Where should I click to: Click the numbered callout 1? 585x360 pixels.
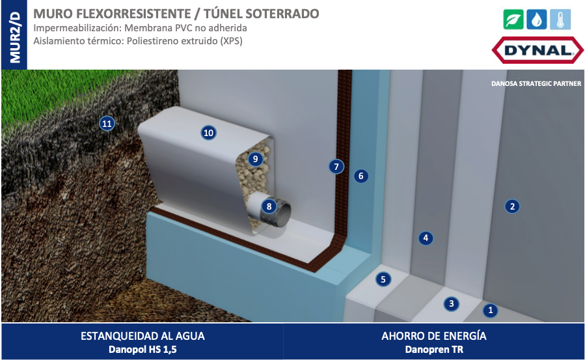click(490, 310)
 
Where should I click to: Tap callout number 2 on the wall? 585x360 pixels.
click(512, 206)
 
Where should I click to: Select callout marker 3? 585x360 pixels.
click(452, 303)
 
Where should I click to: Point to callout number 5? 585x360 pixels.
click(383, 279)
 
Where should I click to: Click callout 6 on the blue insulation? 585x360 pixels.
click(361, 176)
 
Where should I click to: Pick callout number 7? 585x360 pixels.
click(336, 167)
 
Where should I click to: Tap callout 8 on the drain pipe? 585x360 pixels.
click(269, 206)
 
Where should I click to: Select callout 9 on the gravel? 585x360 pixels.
click(256, 159)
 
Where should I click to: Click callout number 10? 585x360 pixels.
click(208, 133)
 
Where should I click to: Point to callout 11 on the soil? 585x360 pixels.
click(107, 124)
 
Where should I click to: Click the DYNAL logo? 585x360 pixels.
click(537, 50)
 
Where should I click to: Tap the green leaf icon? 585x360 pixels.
click(513, 19)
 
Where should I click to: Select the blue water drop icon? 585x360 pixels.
click(536, 19)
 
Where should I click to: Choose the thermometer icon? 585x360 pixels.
click(560, 19)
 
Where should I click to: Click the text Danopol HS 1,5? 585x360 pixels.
click(143, 350)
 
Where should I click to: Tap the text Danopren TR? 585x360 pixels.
click(434, 350)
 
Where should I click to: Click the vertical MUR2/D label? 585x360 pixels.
click(15, 37)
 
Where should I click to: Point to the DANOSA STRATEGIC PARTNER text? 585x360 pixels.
click(536, 83)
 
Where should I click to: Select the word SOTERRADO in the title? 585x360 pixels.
click(282, 14)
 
